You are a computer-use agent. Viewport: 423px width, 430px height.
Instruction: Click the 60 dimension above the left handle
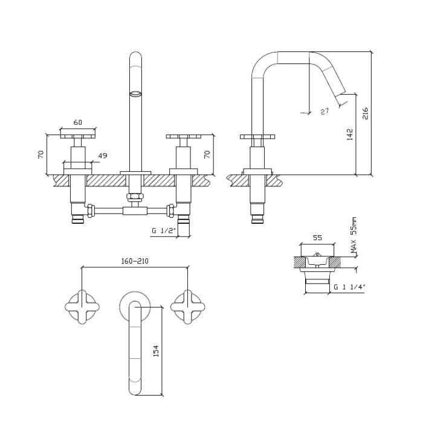78,122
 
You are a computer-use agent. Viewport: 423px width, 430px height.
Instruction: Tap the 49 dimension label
103,156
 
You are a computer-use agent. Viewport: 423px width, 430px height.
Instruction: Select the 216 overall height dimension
365,113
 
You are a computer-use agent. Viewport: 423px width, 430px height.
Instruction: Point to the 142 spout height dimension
350,134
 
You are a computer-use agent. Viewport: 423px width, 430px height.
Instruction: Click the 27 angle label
325,112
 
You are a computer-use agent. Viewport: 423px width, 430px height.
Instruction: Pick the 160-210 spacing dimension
135,261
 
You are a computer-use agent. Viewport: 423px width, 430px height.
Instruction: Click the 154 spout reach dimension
156,351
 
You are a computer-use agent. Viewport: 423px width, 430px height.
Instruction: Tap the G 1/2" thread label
164,230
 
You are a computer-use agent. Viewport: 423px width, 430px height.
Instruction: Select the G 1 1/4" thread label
349,287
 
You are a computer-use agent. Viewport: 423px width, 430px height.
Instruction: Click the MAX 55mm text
354,235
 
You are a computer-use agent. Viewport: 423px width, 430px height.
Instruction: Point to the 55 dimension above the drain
317,238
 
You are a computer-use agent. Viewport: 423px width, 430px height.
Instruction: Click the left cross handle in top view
82,307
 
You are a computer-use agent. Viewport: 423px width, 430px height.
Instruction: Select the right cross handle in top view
188,307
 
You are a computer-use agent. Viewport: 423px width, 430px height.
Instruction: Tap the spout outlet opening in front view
135,93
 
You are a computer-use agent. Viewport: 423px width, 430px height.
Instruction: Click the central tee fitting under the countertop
135,211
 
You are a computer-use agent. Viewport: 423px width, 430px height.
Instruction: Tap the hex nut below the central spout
135,197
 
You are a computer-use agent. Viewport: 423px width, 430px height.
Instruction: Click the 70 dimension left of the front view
41,154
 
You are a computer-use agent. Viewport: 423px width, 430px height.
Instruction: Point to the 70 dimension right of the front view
207,154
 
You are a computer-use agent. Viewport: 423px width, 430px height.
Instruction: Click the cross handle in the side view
257,136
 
